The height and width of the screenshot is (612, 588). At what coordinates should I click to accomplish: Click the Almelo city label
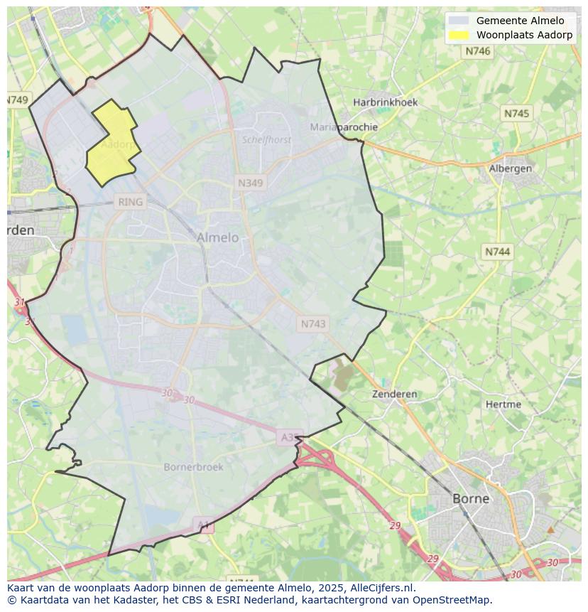pyautogui.click(x=217, y=237)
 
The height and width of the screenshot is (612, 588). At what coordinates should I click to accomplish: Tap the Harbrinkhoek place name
pyautogui.click(x=386, y=102)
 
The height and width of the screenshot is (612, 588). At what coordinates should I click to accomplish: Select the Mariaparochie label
pyautogui.click(x=344, y=127)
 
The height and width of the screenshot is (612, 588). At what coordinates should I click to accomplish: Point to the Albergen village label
pyautogui.click(x=510, y=168)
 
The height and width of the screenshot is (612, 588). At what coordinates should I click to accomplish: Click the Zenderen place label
pyautogui.click(x=395, y=394)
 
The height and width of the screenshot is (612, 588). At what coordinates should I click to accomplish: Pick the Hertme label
pyautogui.click(x=503, y=404)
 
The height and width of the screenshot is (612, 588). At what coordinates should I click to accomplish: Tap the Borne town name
pyautogui.click(x=471, y=498)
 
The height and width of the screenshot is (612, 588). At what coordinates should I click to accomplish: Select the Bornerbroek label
pyautogui.click(x=193, y=467)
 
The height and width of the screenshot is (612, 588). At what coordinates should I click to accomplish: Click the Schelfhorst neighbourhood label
pyautogui.click(x=266, y=140)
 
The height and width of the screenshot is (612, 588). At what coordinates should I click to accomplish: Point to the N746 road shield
pyautogui.click(x=477, y=51)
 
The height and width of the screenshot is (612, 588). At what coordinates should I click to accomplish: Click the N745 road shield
pyautogui.click(x=516, y=114)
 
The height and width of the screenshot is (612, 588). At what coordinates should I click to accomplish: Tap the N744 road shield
pyautogui.click(x=497, y=252)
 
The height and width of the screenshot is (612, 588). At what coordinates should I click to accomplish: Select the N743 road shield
pyautogui.click(x=313, y=324)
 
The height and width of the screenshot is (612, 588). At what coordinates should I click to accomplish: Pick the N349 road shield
pyautogui.click(x=250, y=183)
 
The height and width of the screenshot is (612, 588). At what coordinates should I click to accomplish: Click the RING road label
pyautogui.click(x=131, y=202)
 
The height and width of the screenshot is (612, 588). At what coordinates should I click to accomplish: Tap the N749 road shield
pyautogui.click(x=17, y=100)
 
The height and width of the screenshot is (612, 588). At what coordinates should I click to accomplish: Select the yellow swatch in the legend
pyautogui.click(x=459, y=35)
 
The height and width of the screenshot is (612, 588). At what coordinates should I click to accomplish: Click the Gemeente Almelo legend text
pyautogui.click(x=520, y=21)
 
